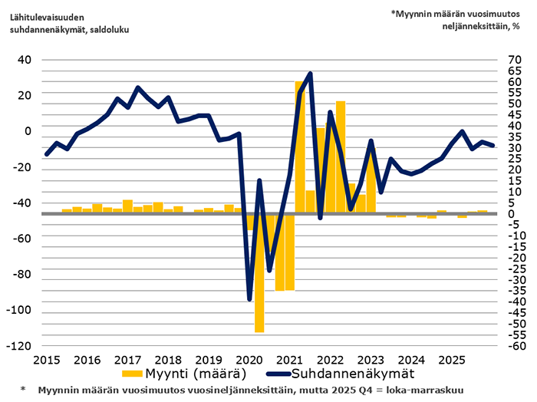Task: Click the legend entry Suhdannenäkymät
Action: pos(354,374)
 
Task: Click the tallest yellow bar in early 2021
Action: pos(299,146)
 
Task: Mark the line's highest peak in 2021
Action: pos(310,74)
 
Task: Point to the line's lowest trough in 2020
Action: pos(249,298)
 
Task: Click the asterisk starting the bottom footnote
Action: pos(23,389)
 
